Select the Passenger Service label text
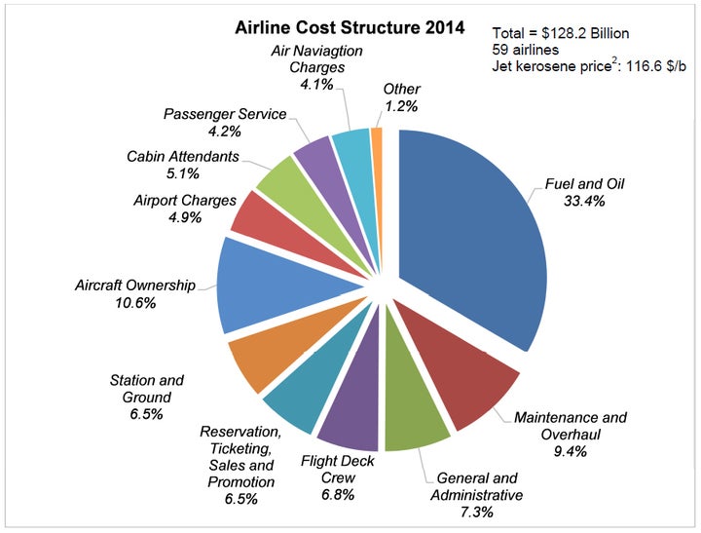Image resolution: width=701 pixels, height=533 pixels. [225, 114]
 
